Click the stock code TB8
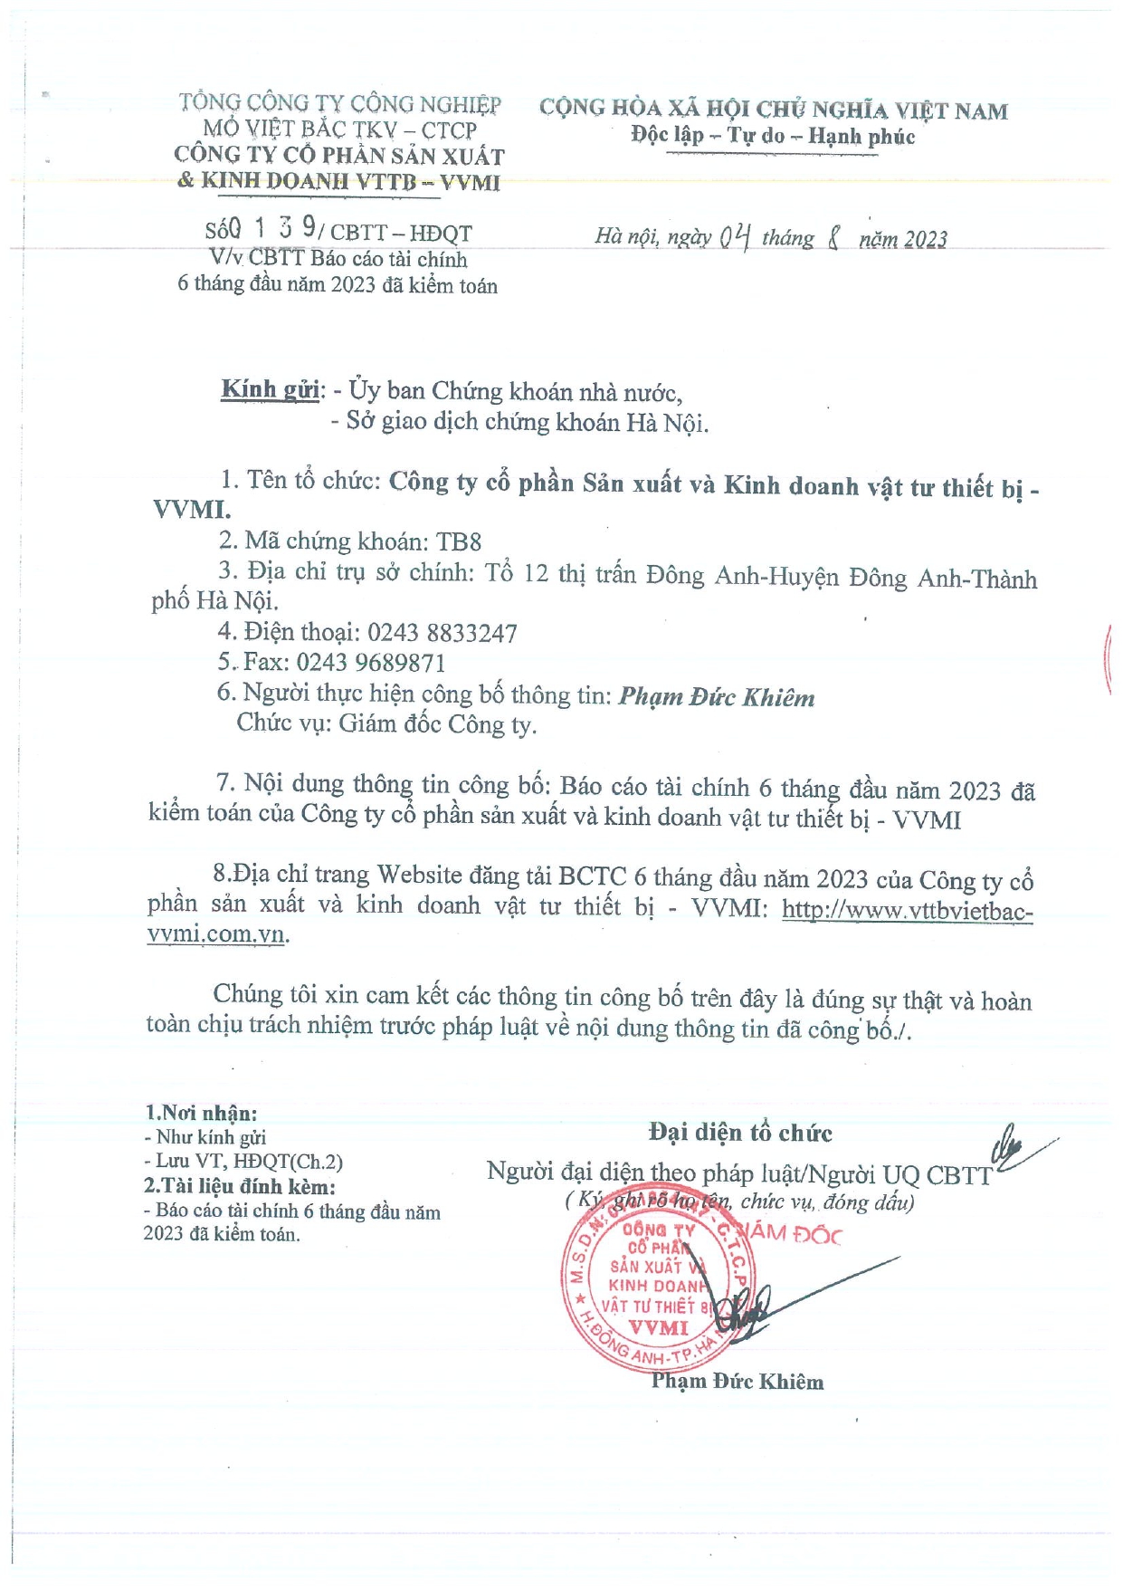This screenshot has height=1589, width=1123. (x=459, y=541)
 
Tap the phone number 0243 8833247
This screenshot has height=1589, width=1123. (x=443, y=633)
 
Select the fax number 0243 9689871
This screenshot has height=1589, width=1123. (x=371, y=663)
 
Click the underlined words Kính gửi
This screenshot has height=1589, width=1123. (x=270, y=389)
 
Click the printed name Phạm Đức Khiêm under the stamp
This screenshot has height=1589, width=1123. (x=738, y=1382)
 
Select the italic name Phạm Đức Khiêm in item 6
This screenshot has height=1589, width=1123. (x=717, y=697)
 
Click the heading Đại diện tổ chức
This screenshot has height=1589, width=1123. (x=740, y=1133)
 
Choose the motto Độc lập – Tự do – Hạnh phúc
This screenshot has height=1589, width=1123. (x=773, y=137)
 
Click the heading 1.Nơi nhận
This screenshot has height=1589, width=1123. (x=201, y=1114)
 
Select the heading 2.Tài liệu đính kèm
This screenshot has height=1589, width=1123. (x=240, y=1186)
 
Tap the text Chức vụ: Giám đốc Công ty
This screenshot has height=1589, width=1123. (x=386, y=724)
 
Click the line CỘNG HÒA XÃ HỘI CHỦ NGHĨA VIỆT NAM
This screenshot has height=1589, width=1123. (x=774, y=110)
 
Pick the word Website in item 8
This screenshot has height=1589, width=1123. (x=420, y=875)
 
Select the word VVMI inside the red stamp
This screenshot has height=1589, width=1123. (x=659, y=1328)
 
